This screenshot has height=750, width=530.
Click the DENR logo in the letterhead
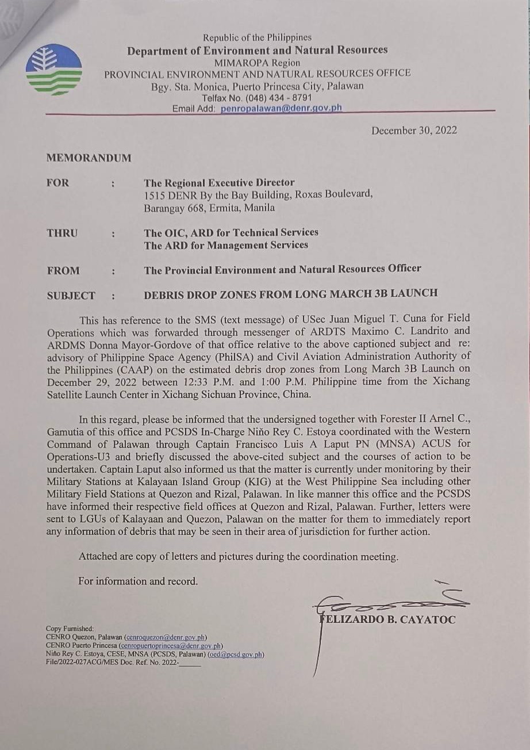click(54, 70)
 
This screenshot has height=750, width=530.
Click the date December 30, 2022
click(414, 130)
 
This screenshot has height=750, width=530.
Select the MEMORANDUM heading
click(89, 158)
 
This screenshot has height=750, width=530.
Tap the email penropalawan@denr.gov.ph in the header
click(281, 108)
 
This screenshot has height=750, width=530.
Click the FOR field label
click(57, 183)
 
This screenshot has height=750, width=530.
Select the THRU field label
click(62, 234)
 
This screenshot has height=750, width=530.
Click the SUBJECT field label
click(71, 296)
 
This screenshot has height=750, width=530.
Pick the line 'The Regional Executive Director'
click(219, 183)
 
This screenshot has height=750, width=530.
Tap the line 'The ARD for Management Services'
click(225, 245)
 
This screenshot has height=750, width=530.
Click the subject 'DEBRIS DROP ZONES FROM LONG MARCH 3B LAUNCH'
click(290, 293)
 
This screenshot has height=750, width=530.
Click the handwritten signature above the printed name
click(391, 601)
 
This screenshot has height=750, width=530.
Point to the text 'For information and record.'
click(138, 581)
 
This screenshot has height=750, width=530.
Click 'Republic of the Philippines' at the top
click(257, 38)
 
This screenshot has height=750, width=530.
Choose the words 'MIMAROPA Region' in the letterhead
click(257, 62)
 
